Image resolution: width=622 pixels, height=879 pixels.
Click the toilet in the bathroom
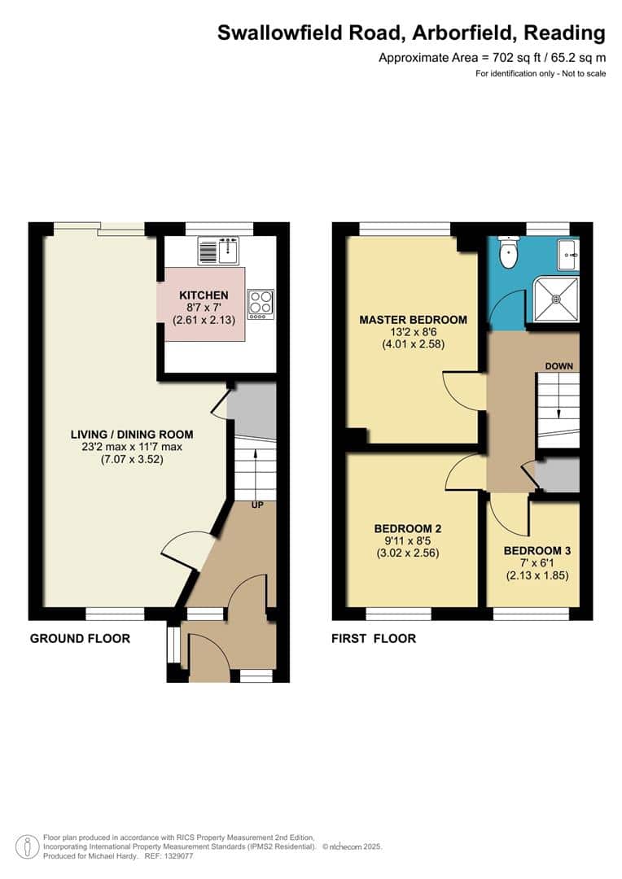click(509, 254)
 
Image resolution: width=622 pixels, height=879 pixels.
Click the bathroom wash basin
click(568, 255)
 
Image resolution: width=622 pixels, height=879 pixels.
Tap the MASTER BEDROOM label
click(413, 320)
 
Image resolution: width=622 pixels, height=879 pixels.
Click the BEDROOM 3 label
click(537, 550)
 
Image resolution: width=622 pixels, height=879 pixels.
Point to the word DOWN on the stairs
click(559, 366)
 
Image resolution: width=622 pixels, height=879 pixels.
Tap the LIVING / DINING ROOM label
click(131, 435)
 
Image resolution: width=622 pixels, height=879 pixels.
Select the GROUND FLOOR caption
click(80, 638)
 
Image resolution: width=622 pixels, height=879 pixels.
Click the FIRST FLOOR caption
click(373, 638)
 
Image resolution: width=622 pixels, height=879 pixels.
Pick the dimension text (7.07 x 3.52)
click(131, 459)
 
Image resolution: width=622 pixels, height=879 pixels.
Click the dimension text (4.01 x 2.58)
click(413, 344)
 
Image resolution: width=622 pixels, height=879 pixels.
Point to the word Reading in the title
click(565, 33)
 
